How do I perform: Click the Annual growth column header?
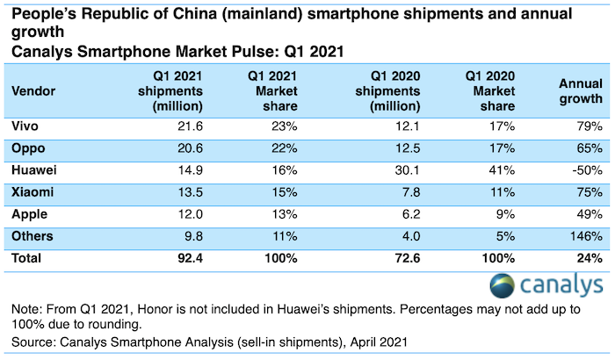[580, 90]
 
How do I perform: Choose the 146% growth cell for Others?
[583, 235]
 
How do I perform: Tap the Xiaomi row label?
[29, 191]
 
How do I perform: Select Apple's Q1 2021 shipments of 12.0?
[189, 212]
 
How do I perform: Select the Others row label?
[31, 235]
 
